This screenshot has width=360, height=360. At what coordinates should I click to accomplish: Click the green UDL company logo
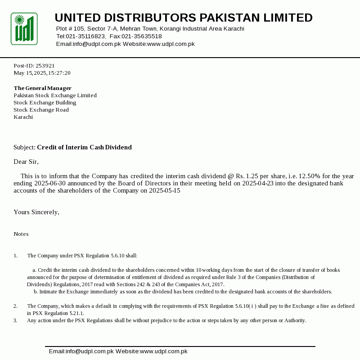pyautogui.click(x=24, y=29)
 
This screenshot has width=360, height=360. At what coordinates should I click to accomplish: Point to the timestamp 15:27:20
pyautogui.click(x=62, y=73)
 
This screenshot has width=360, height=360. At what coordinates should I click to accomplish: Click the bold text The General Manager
pyautogui.click(x=43, y=88)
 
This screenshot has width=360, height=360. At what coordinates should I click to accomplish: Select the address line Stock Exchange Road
pyautogui.click(x=41, y=110)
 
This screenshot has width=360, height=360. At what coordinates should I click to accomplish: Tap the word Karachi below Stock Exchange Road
pyautogui.click(x=23, y=117)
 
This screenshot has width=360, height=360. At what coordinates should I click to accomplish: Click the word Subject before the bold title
pyautogui.click(x=24, y=148)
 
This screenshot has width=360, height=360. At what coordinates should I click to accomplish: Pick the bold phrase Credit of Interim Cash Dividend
pyautogui.click(x=84, y=148)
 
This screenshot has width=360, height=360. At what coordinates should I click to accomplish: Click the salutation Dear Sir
pyautogui.click(x=26, y=162)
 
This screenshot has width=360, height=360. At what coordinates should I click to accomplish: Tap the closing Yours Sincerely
pyautogui.click(x=36, y=212)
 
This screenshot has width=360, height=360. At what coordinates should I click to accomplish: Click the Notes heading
pyautogui.click(x=21, y=234)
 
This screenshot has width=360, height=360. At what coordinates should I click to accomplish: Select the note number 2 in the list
pyautogui.click(x=15, y=306)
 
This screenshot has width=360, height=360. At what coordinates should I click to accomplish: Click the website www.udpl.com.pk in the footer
pyautogui.click(x=163, y=351)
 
